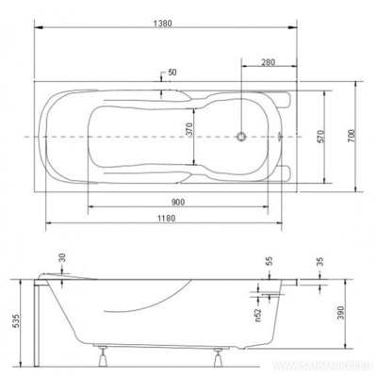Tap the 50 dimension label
(172, 73)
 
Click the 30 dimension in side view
(61, 257)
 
